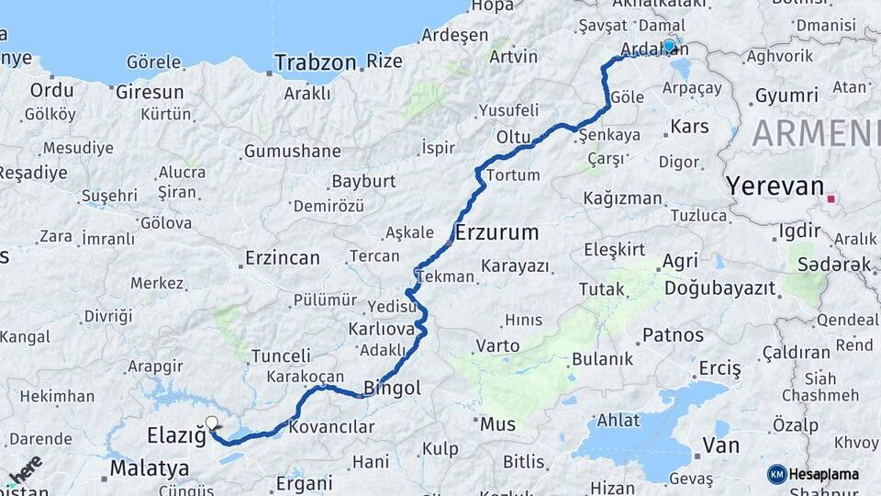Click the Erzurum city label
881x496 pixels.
click(496, 231)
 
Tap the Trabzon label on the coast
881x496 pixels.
click(315, 63)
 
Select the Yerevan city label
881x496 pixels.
click(775, 186)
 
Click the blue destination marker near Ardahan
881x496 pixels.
click(669, 45)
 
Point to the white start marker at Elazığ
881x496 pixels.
click(212, 423)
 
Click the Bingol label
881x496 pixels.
click(392, 389)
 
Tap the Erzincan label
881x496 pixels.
click(283, 258)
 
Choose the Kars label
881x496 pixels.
click(689, 125)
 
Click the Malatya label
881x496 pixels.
click(150, 468)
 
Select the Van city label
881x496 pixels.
click(720, 445)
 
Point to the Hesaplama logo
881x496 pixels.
click(813, 474)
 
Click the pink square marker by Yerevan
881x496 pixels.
click(831, 197)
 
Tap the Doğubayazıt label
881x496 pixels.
click(719, 288)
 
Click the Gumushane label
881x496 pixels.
click(293, 151)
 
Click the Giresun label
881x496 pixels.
click(150, 92)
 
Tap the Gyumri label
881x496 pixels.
click(786, 96)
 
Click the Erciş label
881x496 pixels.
click(719, 368)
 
